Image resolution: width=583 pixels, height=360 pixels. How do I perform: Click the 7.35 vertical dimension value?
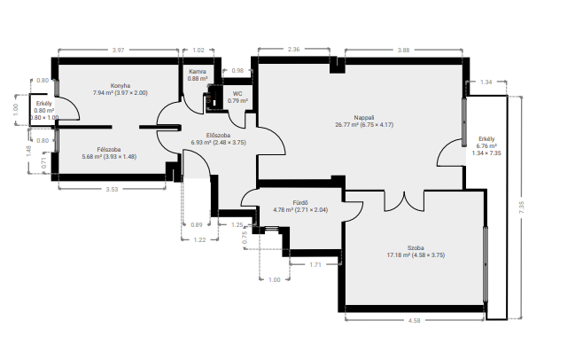(521, 207)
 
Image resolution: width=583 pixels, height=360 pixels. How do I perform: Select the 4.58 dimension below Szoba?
(414, 320)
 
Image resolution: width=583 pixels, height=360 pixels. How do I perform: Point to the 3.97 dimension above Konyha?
(118, 51)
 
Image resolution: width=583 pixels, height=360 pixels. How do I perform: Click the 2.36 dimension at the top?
(294, 49)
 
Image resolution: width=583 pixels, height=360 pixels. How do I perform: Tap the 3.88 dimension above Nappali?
(403, 51)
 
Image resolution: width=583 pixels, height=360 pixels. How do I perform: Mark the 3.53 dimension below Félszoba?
(112, 189)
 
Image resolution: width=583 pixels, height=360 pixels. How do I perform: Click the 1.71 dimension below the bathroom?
(315, 265)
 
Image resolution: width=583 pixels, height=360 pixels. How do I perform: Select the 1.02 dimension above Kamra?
(198, 51)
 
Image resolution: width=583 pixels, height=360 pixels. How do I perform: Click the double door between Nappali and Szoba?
(404, 201)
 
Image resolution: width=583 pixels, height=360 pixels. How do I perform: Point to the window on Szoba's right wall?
(486, 264)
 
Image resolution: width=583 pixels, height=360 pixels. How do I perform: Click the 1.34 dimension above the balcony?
(486, 82)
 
